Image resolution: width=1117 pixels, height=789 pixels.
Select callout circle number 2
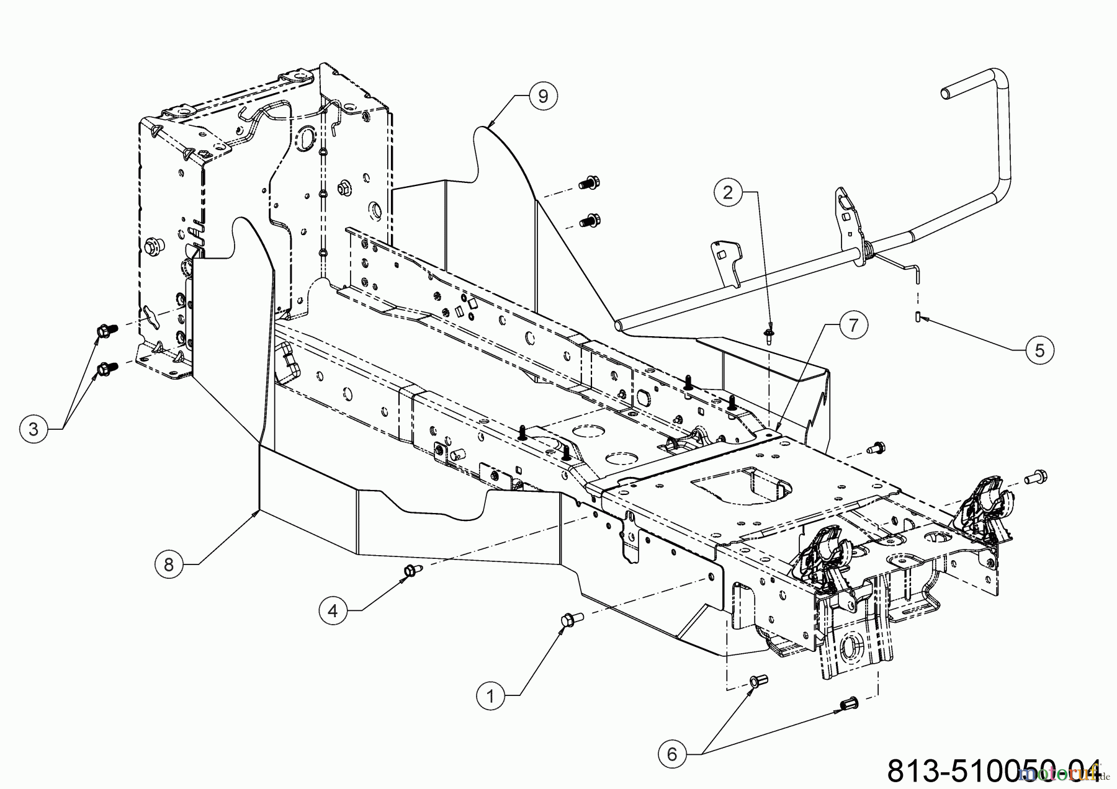coord(729,192)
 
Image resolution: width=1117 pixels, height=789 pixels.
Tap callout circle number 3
coord(33,429)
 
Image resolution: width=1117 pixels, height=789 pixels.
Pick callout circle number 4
coord(333,611)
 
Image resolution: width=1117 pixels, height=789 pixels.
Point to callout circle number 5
coord(1039,350)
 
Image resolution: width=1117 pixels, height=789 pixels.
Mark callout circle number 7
coord(853,324)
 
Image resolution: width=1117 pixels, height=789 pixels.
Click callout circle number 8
coord(169,564)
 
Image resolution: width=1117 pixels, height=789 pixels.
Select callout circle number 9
coord(543,96)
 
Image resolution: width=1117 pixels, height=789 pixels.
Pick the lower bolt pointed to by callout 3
coord(104,370)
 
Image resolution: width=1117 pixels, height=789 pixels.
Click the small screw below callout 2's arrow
coord(769,337)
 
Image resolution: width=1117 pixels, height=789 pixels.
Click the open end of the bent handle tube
coord(946,93)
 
